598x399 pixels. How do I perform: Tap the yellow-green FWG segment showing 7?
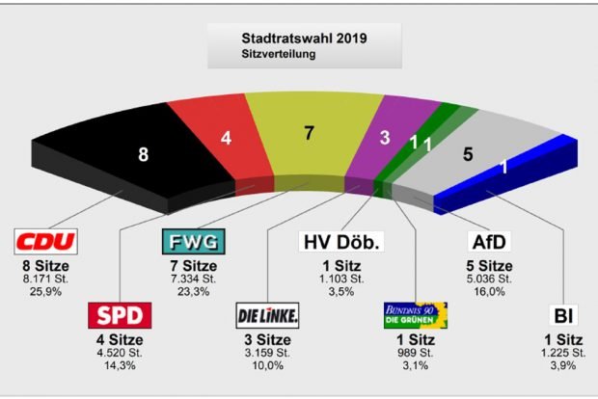[x=309, y=134]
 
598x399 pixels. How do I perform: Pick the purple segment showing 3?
[x=384, y=138]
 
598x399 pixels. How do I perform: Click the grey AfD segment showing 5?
[x=468, y=152]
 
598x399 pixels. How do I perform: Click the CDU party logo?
[x=45, y=241]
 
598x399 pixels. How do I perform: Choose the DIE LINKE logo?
[x=267, y=315]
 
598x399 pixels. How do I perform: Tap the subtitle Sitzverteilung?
[x=279, y=55]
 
